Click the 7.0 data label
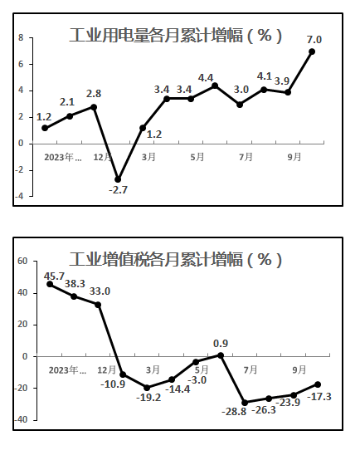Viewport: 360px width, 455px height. click(314, 40)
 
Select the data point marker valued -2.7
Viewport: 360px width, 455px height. click(118, 179)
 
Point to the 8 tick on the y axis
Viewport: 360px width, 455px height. click(21, 37)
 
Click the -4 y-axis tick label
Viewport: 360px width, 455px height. click(19, 196)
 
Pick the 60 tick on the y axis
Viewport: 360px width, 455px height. click(22, 262)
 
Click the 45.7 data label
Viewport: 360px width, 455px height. click(54, 276)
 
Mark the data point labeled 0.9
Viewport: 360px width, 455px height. click(221, 355)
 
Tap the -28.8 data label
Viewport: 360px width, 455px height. click(234, 412)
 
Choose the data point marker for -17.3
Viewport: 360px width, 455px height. click(318, 384)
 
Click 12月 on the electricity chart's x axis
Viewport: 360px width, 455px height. click(102, 157)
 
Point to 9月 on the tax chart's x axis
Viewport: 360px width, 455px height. click(299, 369)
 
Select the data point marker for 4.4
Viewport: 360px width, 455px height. click(215, 86)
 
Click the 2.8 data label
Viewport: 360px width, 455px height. click(94, 94)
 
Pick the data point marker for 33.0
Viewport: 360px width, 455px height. click(98, 305)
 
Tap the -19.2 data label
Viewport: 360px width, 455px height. click(148, 397)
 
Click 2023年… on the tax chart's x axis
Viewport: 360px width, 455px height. click(67, 370)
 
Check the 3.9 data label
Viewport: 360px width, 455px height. click(282, 81)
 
